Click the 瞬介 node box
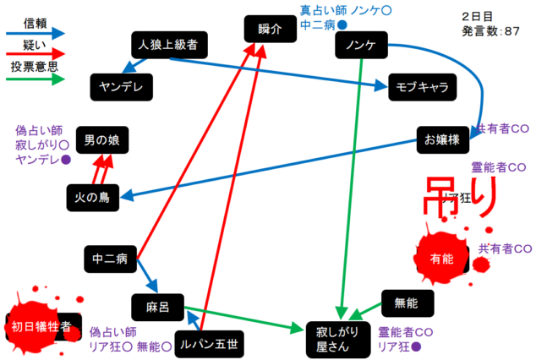(271, 28)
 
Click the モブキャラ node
(421, 86)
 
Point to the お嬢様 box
(442, 140)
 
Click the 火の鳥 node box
(93, 197)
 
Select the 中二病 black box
(110, 259)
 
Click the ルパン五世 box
(207, 343)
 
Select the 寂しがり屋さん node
(337, 337)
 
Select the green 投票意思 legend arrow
(36, 79)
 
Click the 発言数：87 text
(490, 31)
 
